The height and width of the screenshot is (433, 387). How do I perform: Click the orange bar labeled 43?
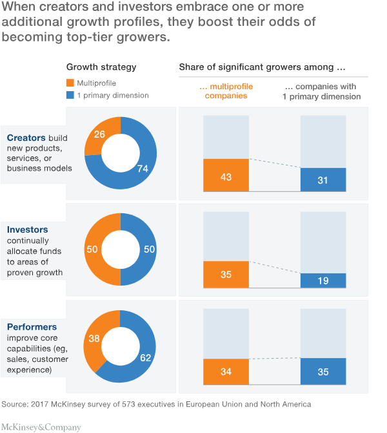(x=226, y=175)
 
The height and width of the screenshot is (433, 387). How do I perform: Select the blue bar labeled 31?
(x=323, y=180)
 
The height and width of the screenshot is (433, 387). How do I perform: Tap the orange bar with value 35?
(x=226, y=274)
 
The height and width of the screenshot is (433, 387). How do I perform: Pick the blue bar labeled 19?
(x=323, y=280)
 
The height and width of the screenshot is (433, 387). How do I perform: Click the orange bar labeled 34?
(x=226, y=372)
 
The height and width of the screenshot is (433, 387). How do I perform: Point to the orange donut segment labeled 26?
(x=99, y=135)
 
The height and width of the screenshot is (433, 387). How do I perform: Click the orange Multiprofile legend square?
(x=70, y=83)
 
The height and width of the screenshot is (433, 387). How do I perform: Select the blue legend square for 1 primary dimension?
(x=70, y=96)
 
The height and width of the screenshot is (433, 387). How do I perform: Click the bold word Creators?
(x=26, y=138)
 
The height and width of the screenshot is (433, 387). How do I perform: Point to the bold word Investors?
(x=27, y=229)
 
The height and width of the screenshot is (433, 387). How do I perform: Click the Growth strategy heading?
(x=101, y=67)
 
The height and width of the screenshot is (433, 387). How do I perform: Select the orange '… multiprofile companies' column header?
(x=226, y=91)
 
